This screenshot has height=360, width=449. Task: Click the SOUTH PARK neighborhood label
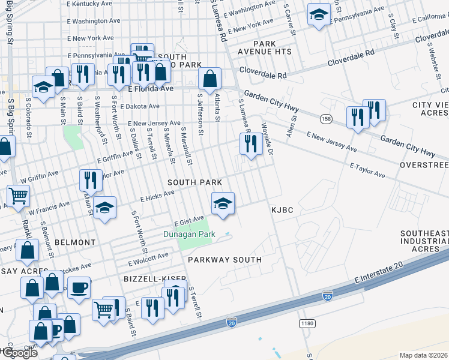click(194, 182)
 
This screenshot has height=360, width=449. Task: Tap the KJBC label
click(282, 210)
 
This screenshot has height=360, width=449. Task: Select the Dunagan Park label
click(189, 235)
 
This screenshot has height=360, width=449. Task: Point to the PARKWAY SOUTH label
click(224, 260)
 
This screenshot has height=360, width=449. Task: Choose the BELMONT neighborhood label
click(75, 242)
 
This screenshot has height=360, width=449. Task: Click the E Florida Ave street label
click(151, 89)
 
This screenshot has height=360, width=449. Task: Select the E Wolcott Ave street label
click(149, 259)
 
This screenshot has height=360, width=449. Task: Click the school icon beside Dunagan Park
click(222, 203)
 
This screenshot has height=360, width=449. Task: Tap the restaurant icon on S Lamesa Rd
click(250, 143)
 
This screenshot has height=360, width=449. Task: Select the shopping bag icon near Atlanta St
click(209, 79)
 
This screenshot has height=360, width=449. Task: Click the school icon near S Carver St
click(318, 15)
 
